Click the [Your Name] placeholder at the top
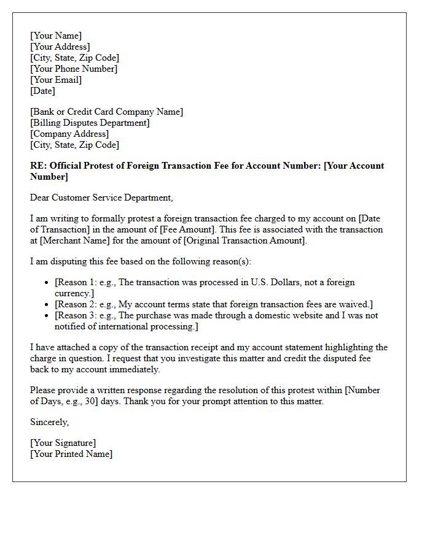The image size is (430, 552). click(56, 36)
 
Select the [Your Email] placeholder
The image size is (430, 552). click(56, 80)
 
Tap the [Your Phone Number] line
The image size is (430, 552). click(74, 69)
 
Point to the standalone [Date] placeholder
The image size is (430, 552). click(42, 91)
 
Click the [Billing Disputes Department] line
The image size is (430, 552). click(90, 123)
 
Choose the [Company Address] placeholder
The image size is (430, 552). click(69, 134)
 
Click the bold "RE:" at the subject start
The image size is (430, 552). click(38, 166)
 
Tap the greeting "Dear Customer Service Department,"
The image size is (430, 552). click(101, 197)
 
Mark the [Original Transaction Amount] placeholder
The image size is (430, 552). click(244, 240)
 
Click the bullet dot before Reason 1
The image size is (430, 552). click(47, 283)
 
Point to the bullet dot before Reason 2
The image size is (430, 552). click(47, 305)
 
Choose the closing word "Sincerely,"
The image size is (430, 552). click(50, 422)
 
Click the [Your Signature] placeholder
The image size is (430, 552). click(63, 443)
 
